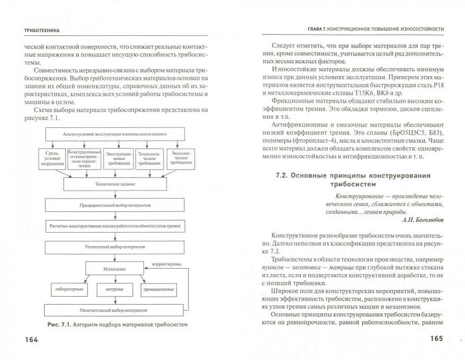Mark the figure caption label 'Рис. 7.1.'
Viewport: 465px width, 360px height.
[x=61, y=325]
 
